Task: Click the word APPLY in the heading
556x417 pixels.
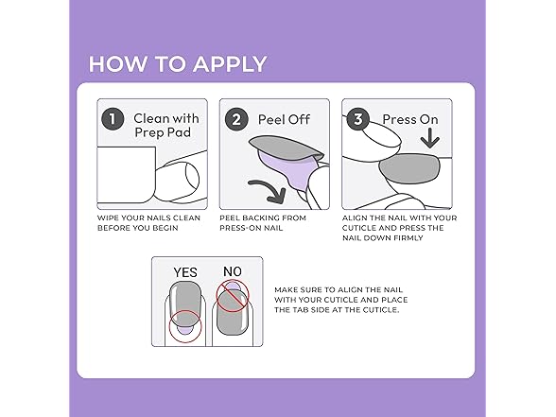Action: pos(230,64)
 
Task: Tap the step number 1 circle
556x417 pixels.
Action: pos(113,119)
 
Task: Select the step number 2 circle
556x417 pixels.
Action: pos(236,119)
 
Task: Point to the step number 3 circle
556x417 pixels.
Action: pos(358,119)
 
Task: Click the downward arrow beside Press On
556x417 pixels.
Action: pos(429,138)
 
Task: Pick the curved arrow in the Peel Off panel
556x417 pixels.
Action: pos(269,188)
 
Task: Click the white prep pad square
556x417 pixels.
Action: pos(127,174)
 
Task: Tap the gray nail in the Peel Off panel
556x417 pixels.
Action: pos(286,147)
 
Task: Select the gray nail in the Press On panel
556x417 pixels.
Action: pos(409,168)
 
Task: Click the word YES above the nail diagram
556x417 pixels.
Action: pos(185,272)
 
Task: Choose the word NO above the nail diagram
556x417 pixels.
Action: pos(233,271)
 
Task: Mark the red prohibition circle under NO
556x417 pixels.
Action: pos(233,296)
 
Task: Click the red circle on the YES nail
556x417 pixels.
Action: pos(185,326)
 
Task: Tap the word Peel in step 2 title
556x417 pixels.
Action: pos(270,119)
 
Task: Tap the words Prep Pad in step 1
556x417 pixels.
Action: pos(163,132)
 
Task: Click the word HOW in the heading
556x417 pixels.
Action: pos(117,64)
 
